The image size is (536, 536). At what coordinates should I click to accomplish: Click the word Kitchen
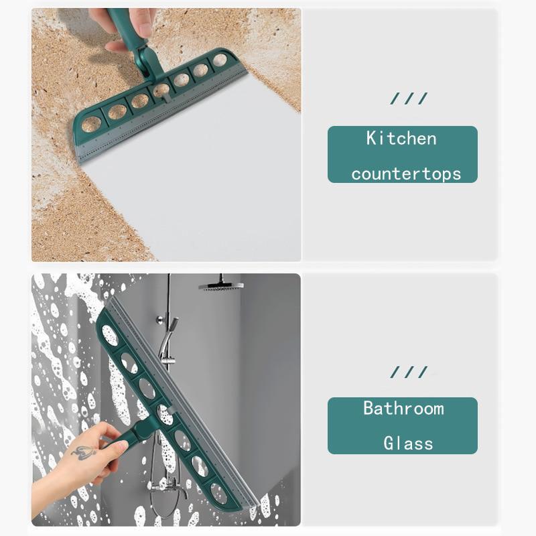tap(401, 139)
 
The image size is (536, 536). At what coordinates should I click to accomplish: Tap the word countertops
tap(406, 174)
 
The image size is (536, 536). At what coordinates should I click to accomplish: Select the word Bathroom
tap(403, 408)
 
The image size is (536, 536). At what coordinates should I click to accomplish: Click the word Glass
tap(408, 444)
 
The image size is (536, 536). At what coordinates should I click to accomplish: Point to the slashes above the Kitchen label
tap(409, 99)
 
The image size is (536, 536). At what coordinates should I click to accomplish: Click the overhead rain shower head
tap(220, 285)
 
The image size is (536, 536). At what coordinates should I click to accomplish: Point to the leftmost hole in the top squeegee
tap(91, 124)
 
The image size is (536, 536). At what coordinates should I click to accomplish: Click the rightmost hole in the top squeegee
tap(220, 60)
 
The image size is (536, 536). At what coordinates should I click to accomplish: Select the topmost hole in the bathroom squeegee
tap(110, 335)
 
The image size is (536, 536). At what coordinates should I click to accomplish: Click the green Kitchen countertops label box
tap(402, 155)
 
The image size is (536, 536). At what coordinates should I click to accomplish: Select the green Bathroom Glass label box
tap(402, 425)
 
